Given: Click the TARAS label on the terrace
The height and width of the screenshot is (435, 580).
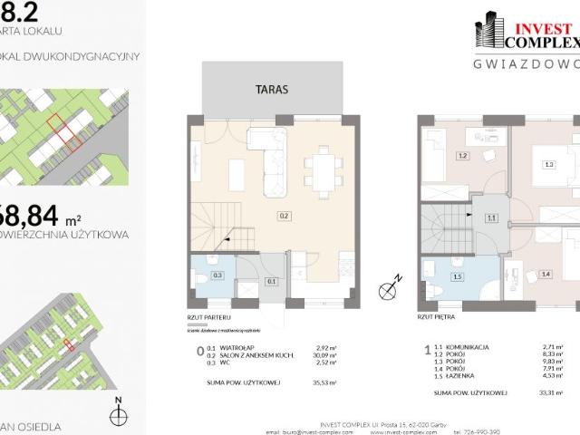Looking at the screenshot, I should [272, 90].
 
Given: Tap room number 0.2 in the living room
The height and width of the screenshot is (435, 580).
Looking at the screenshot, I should [284, 216].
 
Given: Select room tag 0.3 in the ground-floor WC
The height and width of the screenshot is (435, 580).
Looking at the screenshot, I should [217, 275].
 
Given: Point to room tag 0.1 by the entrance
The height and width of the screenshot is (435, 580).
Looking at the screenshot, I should [272, 281].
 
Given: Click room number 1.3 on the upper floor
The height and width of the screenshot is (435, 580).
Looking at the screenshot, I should [548, 164].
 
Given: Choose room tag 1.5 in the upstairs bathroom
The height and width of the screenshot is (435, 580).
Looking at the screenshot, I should [459, 276].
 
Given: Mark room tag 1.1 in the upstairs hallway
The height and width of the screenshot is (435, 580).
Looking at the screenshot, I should [491, 217].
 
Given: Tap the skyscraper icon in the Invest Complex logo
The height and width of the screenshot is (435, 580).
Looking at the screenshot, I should [490, 30].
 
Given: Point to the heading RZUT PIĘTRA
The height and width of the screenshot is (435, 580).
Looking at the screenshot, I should [436, 319].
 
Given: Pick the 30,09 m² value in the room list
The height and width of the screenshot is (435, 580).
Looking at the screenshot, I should [323, 356].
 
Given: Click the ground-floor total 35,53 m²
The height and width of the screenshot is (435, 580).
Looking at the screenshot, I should [323, 383].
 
